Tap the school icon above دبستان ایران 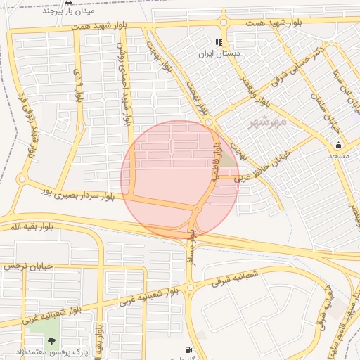[x=225, y=41]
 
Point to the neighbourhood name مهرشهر [x=269, y=123]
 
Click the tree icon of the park [x=51, y=341]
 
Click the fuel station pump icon [x=188, y=349]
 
